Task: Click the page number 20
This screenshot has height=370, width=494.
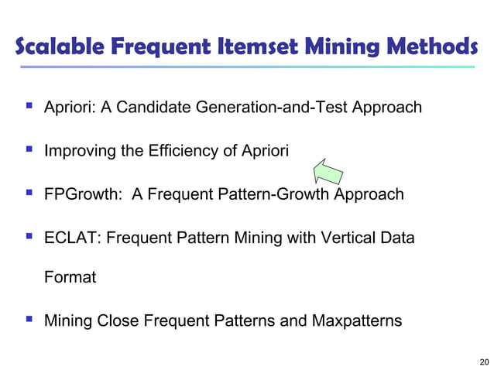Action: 484,361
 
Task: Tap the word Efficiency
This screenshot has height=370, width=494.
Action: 182,150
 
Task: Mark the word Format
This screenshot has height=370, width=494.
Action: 70,277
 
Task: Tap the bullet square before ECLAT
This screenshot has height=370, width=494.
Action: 28,236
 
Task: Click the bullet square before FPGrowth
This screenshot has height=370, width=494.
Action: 28,193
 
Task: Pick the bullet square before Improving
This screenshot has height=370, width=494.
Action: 28,149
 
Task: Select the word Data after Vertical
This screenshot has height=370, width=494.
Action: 396,237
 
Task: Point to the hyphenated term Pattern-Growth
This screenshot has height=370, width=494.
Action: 275,194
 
